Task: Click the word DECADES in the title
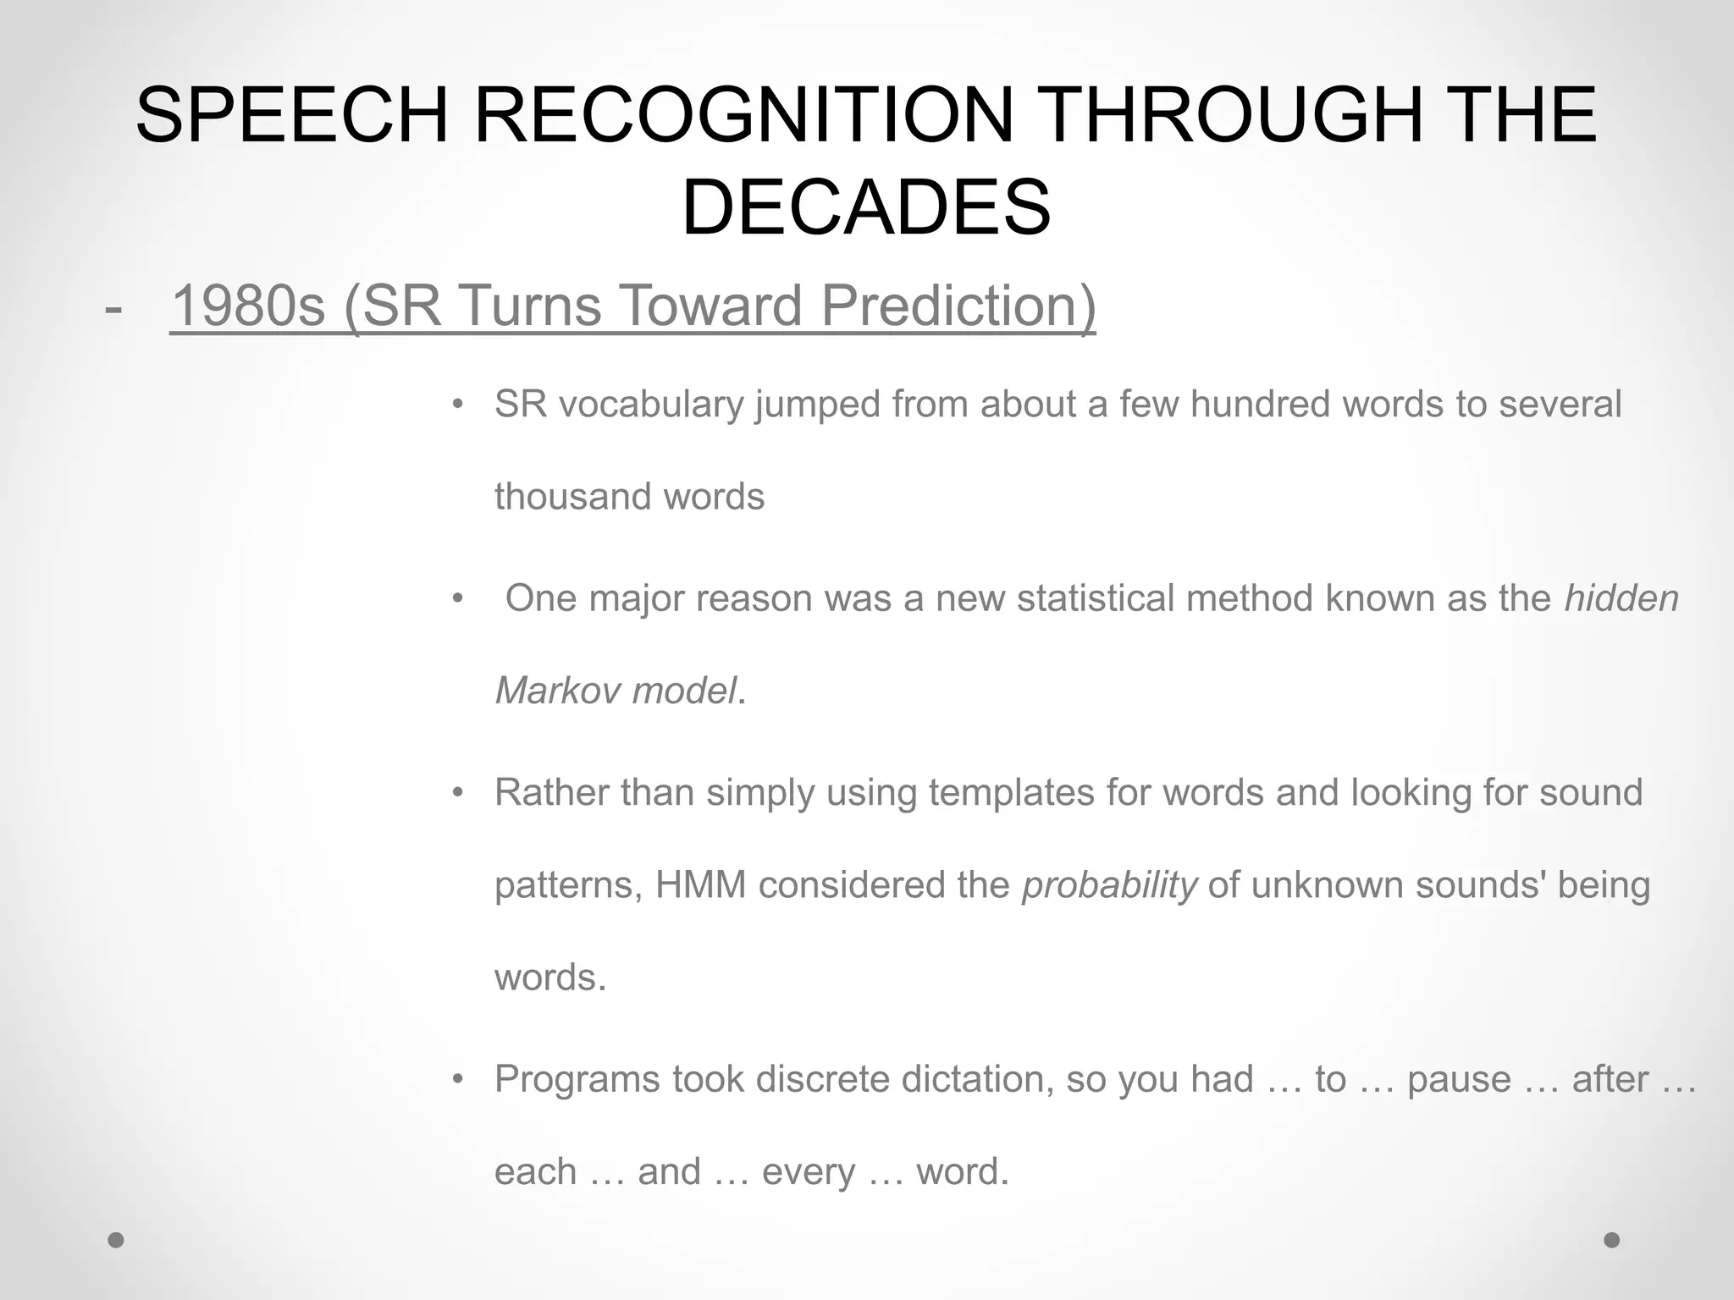point(866,207)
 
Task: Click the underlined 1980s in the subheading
point(248,306)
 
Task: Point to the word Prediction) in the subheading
point(958,306)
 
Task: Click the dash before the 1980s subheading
point(113,308)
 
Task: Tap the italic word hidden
point(1621,598)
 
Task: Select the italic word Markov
point(557,691)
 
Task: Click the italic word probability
point(1109,885)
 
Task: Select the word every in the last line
point(809,1172)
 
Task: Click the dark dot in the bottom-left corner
point(116,1240)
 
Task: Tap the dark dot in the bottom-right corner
point(1612,1240)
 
